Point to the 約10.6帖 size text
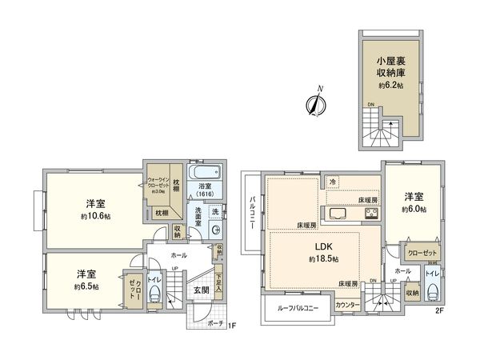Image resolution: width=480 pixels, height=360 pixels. tap(95, 216)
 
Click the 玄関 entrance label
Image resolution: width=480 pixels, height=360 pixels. tap(201, 290)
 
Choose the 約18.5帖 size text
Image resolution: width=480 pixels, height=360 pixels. tap(322, 260)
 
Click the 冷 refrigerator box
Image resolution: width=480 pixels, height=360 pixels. tap(333, 183)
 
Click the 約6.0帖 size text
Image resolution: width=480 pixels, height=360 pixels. tap(413, 209)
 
